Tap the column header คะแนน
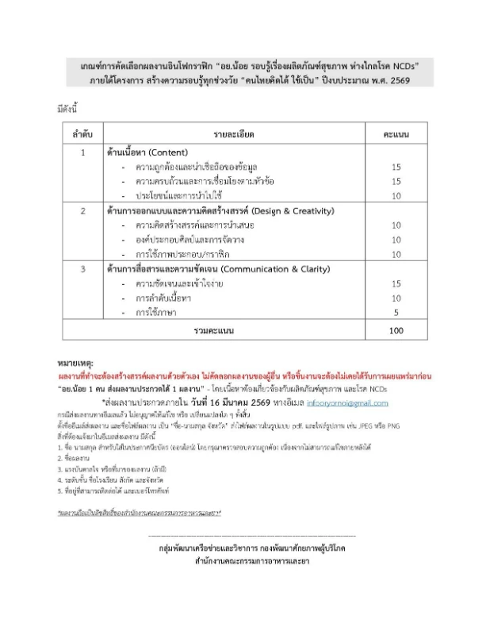click(396, 134)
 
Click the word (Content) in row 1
click(170, 151)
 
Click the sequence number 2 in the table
click(83, 210)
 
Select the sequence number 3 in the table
click(83, 270)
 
